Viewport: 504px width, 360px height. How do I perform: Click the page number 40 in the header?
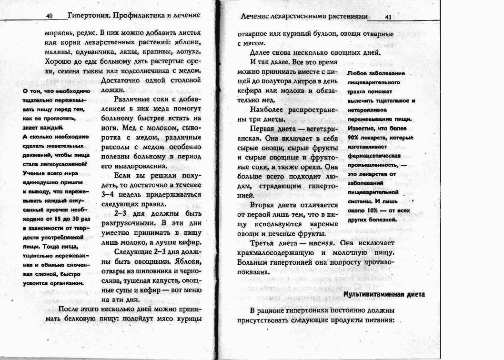[x=49, y=16]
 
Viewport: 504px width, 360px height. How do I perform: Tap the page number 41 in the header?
[x=388, y=17]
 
